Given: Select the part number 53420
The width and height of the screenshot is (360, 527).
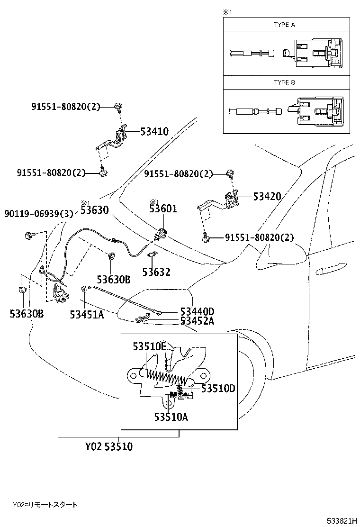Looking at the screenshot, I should pos(267,196).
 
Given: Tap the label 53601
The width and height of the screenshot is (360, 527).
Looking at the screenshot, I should pos(163,209).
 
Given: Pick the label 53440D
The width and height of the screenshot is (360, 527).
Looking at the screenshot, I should pos(197,311).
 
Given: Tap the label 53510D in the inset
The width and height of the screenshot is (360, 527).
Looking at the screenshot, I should pos(218,389).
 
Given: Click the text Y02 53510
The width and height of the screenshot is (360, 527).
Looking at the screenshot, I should pos(108,446).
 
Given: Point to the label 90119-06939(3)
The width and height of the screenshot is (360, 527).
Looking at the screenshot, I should pos(39,214).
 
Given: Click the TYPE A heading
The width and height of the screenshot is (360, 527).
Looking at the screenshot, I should pos(284,25).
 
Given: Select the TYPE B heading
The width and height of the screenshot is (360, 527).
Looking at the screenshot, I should pos(284,82).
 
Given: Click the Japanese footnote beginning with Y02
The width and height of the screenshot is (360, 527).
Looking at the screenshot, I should pos(45,505).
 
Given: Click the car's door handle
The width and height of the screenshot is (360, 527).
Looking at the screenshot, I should pos(328,269).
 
